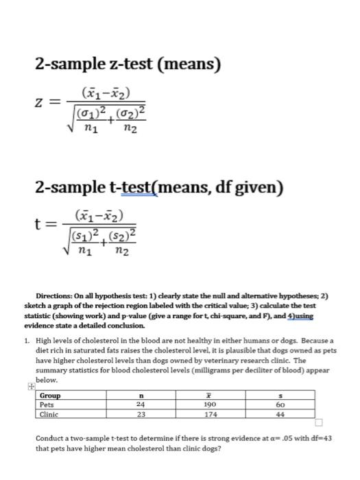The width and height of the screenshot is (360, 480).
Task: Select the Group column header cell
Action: click(x=50, y=396)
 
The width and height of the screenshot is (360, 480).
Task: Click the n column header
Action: click(x=141, y=396)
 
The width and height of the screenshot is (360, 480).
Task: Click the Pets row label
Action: click(x=47, y=405)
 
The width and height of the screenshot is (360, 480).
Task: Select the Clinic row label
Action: click(x=49, y=414)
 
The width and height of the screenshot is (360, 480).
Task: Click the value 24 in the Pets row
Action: click(x=141, y=405)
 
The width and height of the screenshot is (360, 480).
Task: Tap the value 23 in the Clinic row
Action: click(x=141, y=414)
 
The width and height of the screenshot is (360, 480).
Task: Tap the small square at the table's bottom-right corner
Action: click(x=318, y=422)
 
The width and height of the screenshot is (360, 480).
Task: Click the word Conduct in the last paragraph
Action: click(x=51, y=437)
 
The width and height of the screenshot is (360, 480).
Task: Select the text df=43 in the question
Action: click(x=320, y=437)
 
